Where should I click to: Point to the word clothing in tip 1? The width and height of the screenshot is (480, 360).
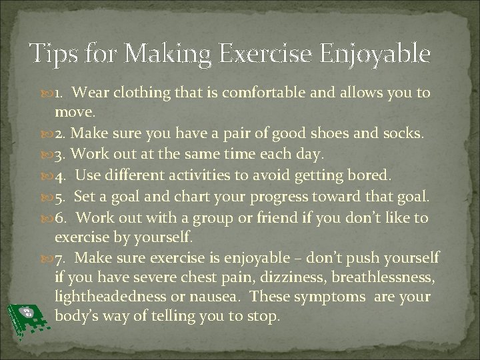pos(143,93)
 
